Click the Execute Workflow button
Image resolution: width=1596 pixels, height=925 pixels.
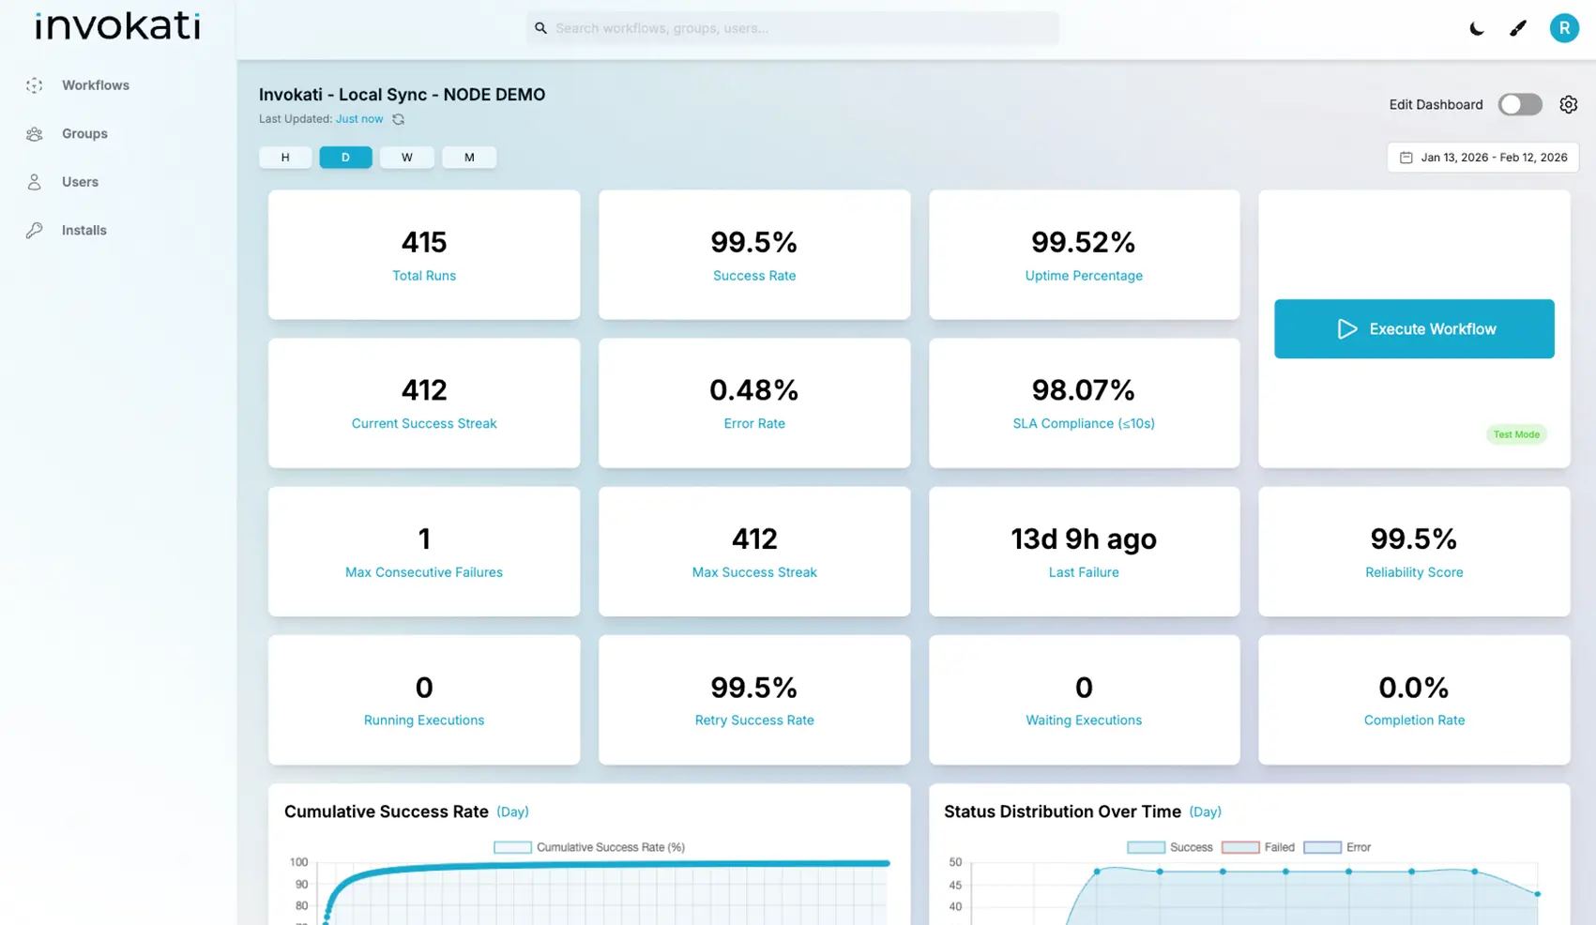[1414, 328]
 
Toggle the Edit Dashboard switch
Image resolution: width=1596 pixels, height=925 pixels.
[1519, 104]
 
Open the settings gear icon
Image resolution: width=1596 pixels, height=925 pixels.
[1568, 104]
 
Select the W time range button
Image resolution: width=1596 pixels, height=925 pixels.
[406, 157]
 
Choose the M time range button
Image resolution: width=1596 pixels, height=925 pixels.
[469, 157]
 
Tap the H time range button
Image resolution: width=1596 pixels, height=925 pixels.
[285, 157]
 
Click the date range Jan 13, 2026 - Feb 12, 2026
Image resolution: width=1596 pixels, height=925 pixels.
[1483, 157]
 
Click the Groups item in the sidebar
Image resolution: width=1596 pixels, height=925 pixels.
[84, 133]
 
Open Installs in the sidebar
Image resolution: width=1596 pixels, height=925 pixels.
[84, 230]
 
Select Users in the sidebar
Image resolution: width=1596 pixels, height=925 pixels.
[80, 182]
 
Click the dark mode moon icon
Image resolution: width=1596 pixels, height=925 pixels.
[1476, 28]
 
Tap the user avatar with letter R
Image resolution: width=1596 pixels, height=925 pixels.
[1563, 28]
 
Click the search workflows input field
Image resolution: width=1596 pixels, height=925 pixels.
[793, 28]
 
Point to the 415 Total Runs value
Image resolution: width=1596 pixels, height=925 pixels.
[424, 242]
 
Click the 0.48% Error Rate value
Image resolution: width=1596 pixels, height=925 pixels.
[753, 389]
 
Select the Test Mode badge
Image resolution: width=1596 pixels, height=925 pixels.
[1516, 434]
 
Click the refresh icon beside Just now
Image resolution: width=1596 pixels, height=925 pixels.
[399, 119]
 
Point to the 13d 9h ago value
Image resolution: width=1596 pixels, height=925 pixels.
[1084, 538]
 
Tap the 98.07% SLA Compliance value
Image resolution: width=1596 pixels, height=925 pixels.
[1084, 389]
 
